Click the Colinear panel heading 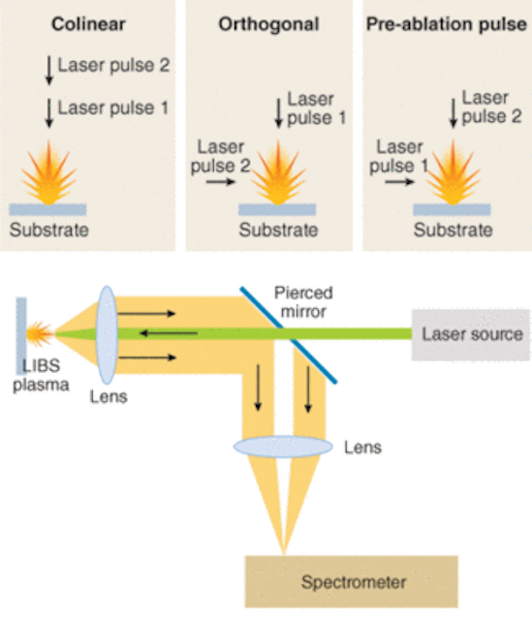coord(88,24)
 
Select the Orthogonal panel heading coord(268,24)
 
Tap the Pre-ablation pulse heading coord(446,24)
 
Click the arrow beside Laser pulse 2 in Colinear coord(49,71)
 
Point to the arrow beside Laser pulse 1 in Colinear coord(49,113)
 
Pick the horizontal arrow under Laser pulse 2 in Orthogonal coord(221,182)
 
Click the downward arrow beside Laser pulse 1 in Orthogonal coord(278,113)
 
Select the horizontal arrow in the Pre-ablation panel coord(399,182)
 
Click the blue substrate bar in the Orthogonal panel coord(277,209)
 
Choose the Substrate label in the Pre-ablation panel coord(453,230)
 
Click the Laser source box coord(470,334)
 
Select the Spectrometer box coord(351,581)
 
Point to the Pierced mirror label coord(303,302)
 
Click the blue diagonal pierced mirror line coord(289,335)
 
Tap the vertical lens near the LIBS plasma coord(107,335)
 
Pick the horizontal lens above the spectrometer coord(283,447)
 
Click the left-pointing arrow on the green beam coord(169,333)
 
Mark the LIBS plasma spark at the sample coord(40,334)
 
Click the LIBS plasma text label coord(41,375)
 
